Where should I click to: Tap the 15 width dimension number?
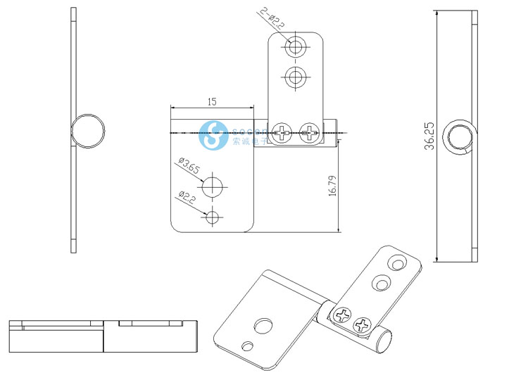coord(211,101)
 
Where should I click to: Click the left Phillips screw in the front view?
coord(284,132)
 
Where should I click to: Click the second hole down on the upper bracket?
coord(296,77)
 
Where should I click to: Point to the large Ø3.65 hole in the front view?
coord(213,187)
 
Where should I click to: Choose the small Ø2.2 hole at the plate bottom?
coord(213,217)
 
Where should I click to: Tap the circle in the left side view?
coord(89,132)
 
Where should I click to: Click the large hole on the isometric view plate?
coord(265,325)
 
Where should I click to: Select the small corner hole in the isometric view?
coord(246,346)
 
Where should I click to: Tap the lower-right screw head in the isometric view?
coord(363,325)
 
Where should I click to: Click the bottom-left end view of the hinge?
coord(102,336)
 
